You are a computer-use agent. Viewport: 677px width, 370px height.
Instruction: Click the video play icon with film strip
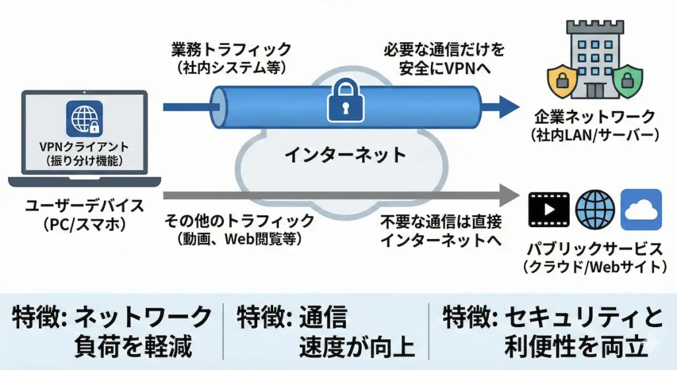(549, 209)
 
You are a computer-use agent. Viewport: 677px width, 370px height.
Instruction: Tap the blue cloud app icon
(641, 209)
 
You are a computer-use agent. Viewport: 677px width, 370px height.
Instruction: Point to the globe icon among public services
(595, 209)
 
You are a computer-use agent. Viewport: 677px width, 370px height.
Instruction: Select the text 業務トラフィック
(231, 49)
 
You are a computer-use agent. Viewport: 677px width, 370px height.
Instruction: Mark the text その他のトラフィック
(239, 220)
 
